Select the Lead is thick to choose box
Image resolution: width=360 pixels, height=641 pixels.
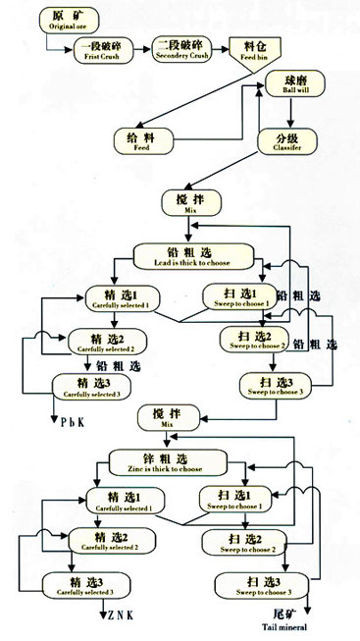195,257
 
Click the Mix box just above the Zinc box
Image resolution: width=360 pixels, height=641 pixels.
172,416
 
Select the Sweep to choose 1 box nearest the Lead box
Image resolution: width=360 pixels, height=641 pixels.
240,296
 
